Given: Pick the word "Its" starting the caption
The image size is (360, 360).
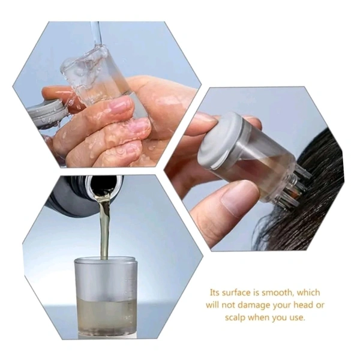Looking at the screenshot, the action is click(215, 293).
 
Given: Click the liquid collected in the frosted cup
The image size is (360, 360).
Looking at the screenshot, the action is click(106, 315).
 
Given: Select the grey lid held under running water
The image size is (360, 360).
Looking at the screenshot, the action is click(47, 112).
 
